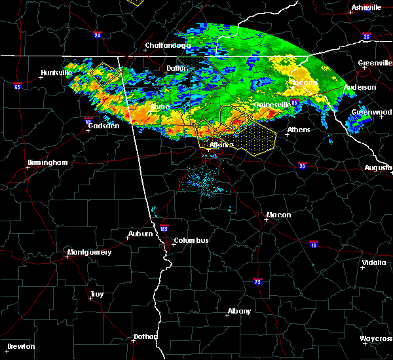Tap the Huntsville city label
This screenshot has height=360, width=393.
click(56, 73)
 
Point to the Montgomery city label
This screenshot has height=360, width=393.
click(90, 253)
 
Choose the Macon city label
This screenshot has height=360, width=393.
click(278, 215)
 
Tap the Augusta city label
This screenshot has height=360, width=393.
click(379, 168)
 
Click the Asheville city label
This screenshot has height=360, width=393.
click(365, 7)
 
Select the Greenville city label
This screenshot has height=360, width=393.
click(375, 63)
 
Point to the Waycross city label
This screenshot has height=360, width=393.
click(376, 338)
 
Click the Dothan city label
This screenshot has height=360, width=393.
click(145, 336)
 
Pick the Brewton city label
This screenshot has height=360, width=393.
click(20, 346)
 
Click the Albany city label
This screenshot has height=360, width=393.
click(238, 311)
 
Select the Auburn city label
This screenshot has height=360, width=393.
click(140, 234)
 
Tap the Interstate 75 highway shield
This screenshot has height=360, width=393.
click(258, 281)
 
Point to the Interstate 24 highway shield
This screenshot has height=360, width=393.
click(97, 35)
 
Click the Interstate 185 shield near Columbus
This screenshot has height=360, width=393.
click(164, 230)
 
